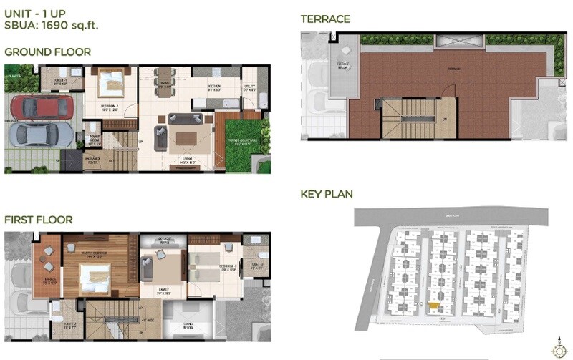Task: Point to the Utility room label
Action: pos(251,87)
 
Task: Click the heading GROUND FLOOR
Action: pos(47,52)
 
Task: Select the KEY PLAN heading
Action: pos(327,194)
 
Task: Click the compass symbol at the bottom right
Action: pos(557,350)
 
